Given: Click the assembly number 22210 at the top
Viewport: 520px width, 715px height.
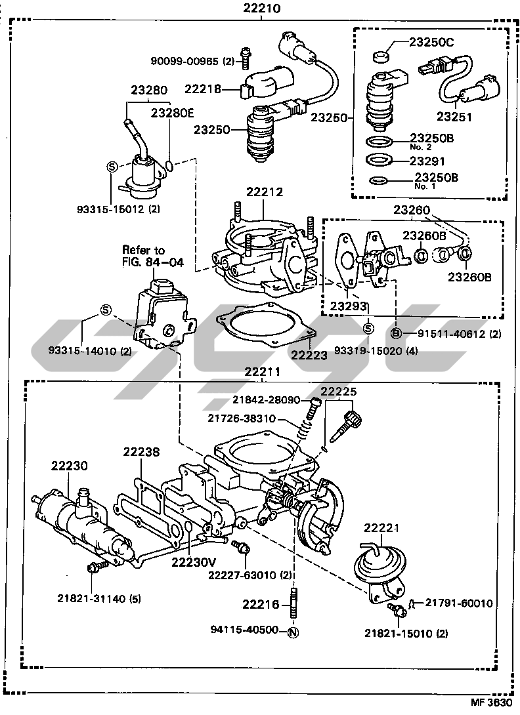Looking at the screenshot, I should [x=261, y=9].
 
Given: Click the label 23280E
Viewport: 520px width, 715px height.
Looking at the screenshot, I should [x=173, y=112].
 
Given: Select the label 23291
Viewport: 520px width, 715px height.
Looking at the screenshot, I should [x=427, y=161].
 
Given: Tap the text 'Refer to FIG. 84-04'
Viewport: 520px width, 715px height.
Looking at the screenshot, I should [x=144, y=256].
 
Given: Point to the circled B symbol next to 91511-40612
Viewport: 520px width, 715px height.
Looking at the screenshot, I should [x=397, y=333].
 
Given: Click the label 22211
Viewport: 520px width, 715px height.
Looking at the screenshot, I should [x=262, y=372].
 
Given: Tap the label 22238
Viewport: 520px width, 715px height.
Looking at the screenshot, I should [x=141, y=452].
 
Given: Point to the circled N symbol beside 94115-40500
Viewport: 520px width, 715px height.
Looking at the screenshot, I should [x=293, y=632].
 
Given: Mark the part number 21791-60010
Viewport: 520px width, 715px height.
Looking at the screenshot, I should [x=459, y=603].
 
